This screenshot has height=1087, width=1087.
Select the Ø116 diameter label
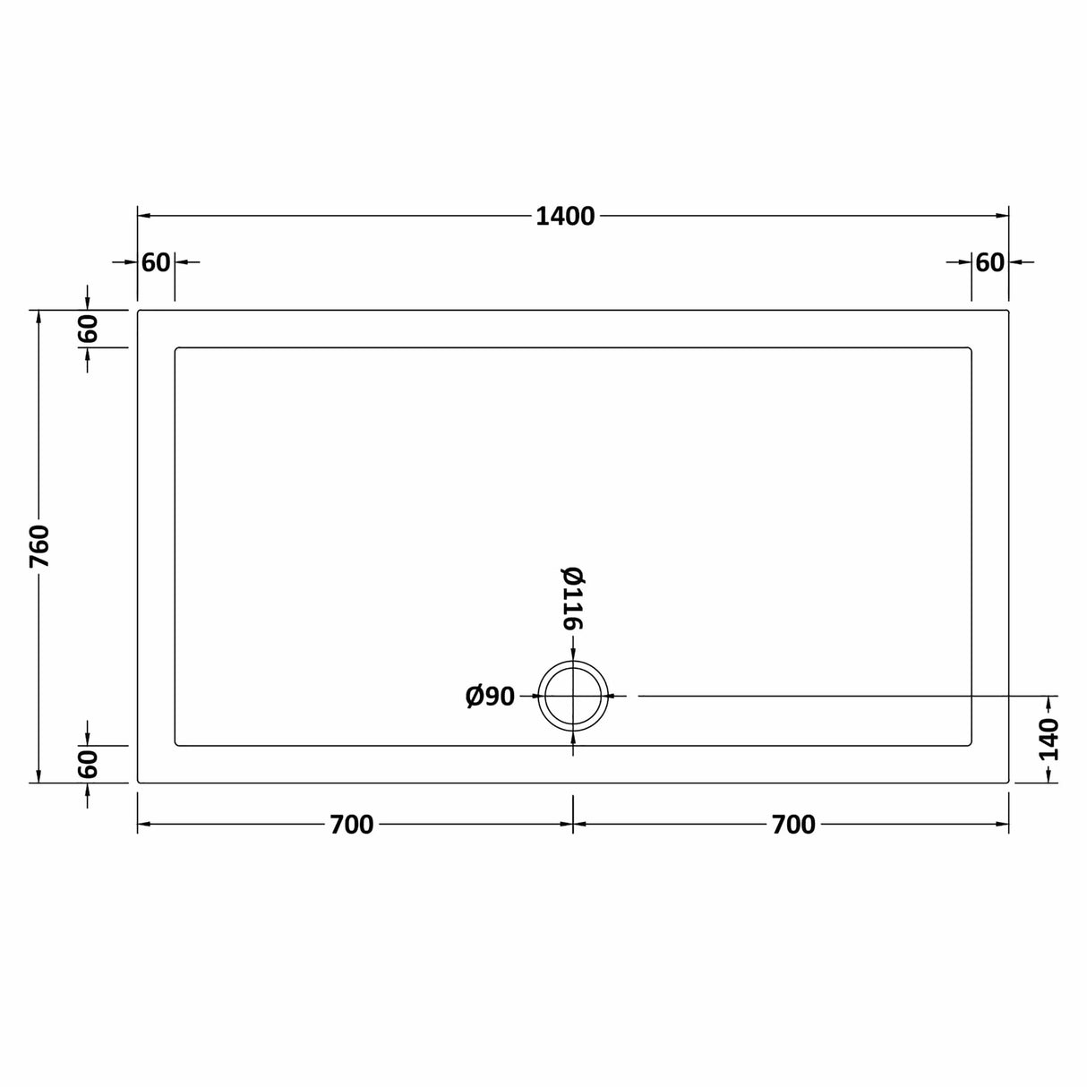pyautogui.click(x=572, y=598)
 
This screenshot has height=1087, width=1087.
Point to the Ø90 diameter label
pyautogui.click(x=491, y=696)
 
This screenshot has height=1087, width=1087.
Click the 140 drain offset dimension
pyautogui.click(x=1048, y=739)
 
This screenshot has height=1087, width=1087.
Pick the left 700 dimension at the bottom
pyautogui.click(x=352, y=825)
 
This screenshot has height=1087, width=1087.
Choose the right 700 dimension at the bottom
pyautogui.click(x=793, y=825)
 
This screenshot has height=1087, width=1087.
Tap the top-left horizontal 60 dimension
pyautogui.click(x=156, y=262)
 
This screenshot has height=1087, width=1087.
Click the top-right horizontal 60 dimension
pyautogui.click(x=989, y=262)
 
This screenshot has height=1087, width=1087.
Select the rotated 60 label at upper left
pyautogui.click(x=88, y=329)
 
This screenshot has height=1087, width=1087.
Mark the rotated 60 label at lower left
pyautogui.click(x=88, y=764)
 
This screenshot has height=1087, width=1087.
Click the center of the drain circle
pyautogui.click(x=573, y=696)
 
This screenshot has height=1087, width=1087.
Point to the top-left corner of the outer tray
pyautogui.click(x=138, y=311)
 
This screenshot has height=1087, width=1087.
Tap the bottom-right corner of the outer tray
pyautogui.click(x=1008, y=782)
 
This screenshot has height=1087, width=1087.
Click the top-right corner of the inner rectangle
pyautogui.click(x=971, y=348)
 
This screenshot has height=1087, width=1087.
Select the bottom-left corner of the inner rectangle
pyautogui.click(x=175, y=744)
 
